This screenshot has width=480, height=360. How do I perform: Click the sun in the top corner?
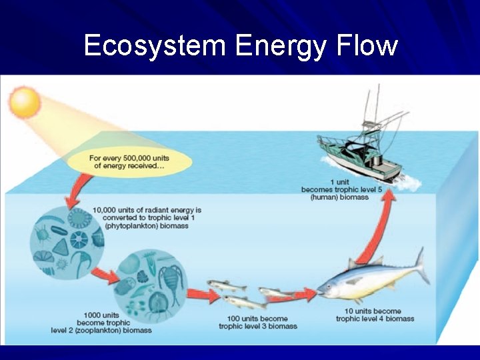[25, 103]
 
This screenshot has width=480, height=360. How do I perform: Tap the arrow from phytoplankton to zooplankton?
[103, 273]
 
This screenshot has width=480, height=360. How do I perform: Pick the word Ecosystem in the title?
[155, 46]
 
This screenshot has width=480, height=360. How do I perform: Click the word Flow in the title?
[367, 46]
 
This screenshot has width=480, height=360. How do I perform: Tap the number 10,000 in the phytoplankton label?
[107, 210]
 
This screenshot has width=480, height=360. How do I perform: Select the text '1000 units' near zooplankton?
[101, 315]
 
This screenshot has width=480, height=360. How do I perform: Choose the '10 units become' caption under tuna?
[373, 311]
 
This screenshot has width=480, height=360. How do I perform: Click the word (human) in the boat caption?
[326, 197]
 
